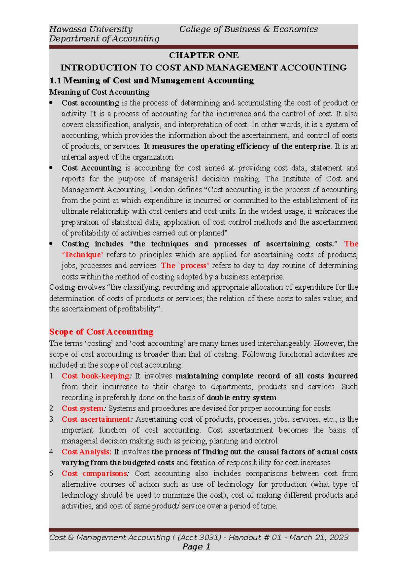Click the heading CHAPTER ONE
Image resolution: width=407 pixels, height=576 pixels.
[203, 55]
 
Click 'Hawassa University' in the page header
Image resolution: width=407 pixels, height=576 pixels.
[91, 29]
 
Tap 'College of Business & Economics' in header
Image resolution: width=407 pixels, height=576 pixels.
[248, 29]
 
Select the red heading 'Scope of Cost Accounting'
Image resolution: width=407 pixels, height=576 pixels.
[101, 331]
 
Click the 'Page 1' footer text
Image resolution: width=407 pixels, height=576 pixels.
[196, 546]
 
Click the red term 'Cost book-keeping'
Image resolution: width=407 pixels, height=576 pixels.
[95, 376]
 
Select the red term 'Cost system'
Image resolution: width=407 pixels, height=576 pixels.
[83, 408]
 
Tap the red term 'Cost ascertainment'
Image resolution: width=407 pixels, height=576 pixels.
[96, 419]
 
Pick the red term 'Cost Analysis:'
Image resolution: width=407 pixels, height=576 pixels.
[86, 452]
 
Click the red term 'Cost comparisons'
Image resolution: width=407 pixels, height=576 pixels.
[94, 474]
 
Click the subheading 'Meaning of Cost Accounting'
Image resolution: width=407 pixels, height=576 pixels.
[99, 92]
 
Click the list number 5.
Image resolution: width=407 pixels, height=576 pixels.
[52, 474]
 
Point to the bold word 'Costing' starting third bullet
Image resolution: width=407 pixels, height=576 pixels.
[75, 244]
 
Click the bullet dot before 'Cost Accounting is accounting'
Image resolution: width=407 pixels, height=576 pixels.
[51, 168]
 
